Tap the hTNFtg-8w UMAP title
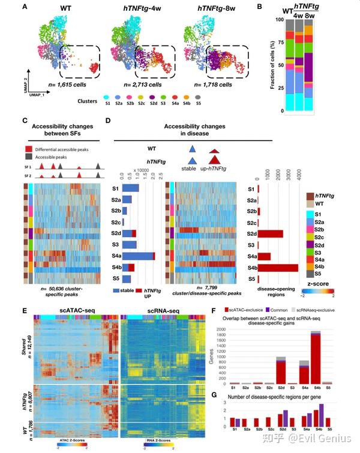coord(214,9)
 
